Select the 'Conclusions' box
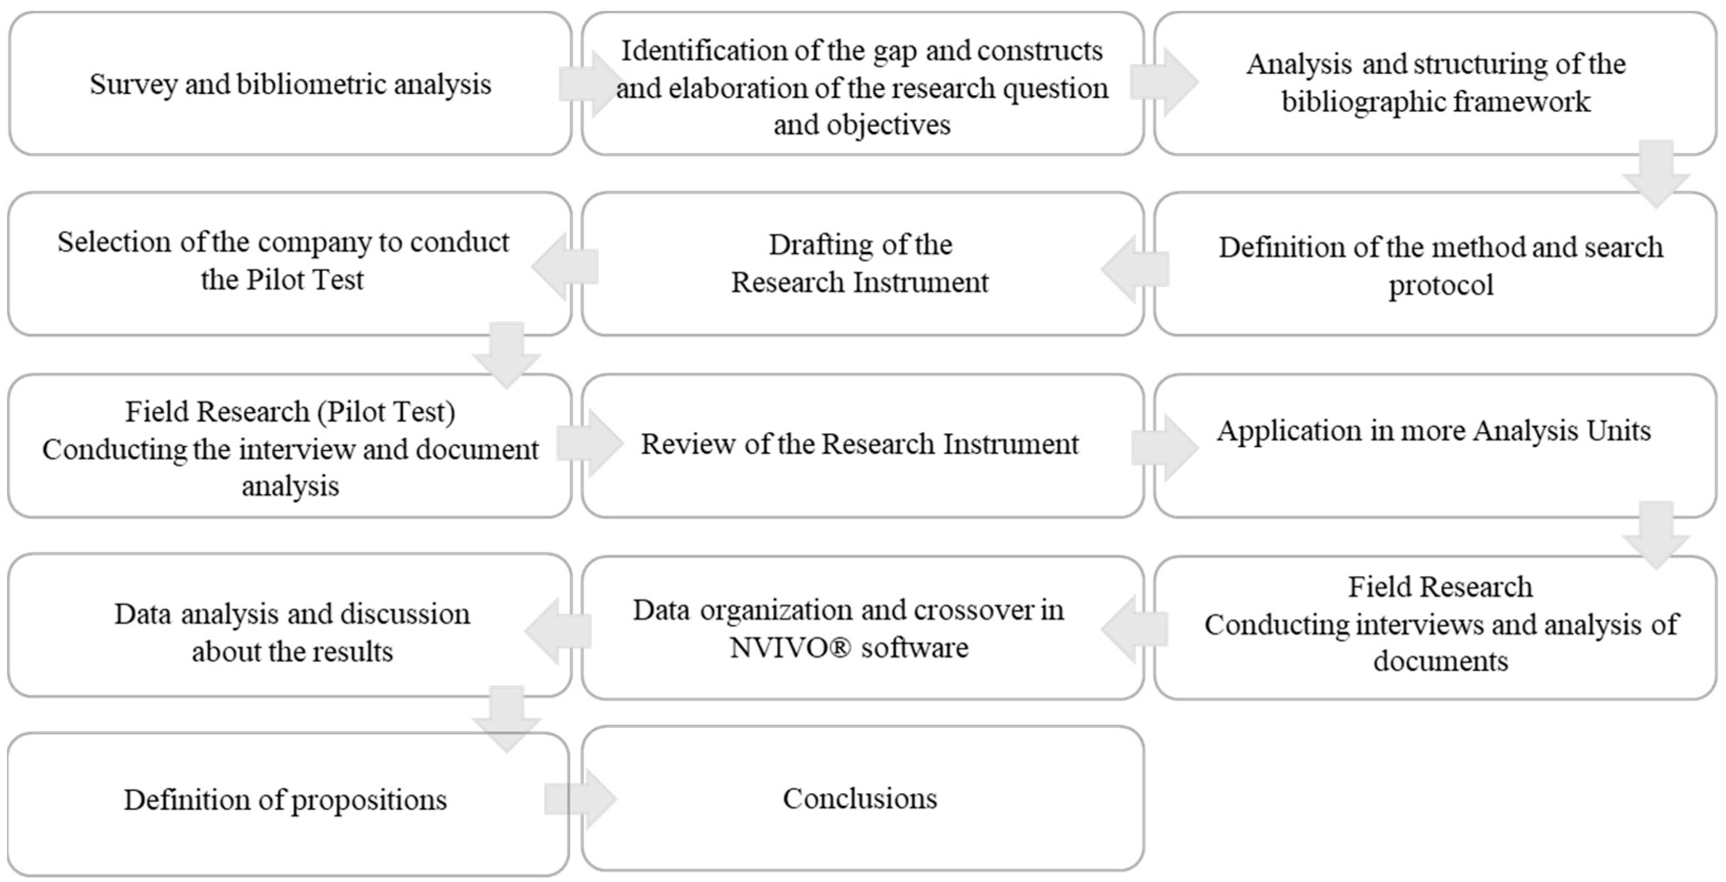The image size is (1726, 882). pos(862,798)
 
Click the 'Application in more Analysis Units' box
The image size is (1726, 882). pos(1434,445)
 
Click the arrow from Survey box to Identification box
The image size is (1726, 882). pos(588,84)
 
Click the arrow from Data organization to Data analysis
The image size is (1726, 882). pos(558,631)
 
